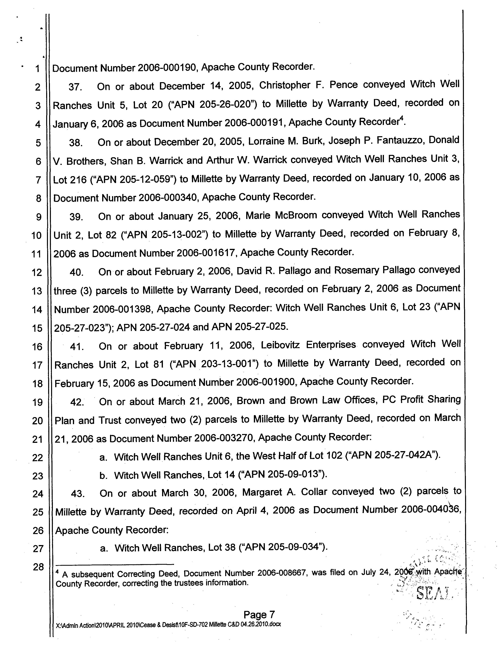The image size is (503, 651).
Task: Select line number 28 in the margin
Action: (38, 567)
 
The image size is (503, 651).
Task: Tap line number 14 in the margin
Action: (37, 310)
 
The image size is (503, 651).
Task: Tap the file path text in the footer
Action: (168, 624)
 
